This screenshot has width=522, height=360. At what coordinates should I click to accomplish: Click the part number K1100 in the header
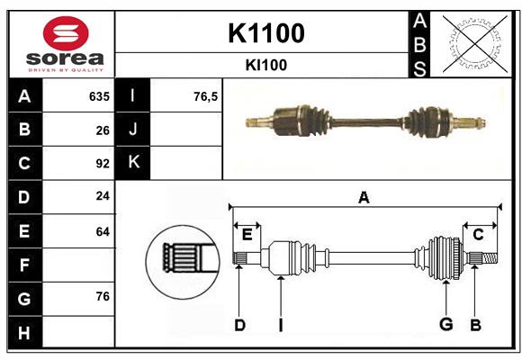(265, 33)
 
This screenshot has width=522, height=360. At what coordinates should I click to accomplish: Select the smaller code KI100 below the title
(265, 66)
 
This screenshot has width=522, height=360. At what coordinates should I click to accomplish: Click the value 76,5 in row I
(206, 96)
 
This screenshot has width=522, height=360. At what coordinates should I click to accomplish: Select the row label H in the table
(24, 333)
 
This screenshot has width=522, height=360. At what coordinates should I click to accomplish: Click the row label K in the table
(133, 163)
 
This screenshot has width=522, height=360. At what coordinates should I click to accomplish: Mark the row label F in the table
(24, 265)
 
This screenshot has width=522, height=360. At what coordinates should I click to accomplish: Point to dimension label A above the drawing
(364, 198)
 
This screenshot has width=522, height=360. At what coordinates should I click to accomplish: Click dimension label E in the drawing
(247, 235)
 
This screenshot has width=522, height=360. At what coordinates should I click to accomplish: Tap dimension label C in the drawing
(478, 235)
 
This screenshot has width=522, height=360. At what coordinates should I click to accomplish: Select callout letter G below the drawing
(445, 325)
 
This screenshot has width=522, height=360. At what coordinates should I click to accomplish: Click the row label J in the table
(133, 130)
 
